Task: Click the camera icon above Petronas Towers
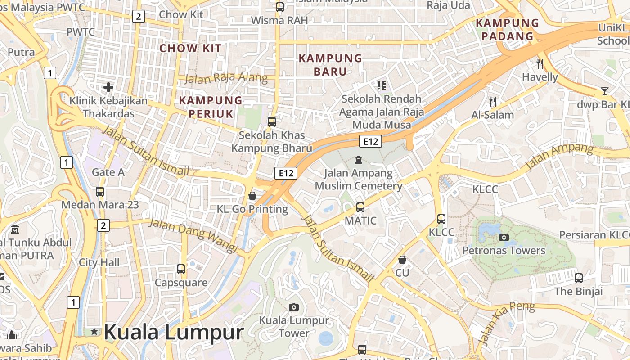[504, 237]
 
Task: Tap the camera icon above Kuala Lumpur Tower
[294, 307]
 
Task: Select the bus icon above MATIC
[360, 207]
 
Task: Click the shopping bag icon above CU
[402, 260]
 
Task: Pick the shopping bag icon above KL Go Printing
[252, 196]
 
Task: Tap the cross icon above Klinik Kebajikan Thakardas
[108, 87]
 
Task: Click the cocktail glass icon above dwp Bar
[604, 91]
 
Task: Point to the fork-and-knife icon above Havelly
[540, 64]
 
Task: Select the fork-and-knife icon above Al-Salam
[493, 102]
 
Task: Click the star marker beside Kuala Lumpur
[94, 332]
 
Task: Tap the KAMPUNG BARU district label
[330, 65]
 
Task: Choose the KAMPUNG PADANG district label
[507, 30]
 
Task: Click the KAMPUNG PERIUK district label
[211, 107]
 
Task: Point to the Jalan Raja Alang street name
[226, 78]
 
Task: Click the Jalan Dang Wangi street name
[193, 235]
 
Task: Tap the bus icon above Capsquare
[181, 269]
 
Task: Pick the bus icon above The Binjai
[579, 278]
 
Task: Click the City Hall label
[99, 262]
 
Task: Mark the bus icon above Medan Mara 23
[100, 192]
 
